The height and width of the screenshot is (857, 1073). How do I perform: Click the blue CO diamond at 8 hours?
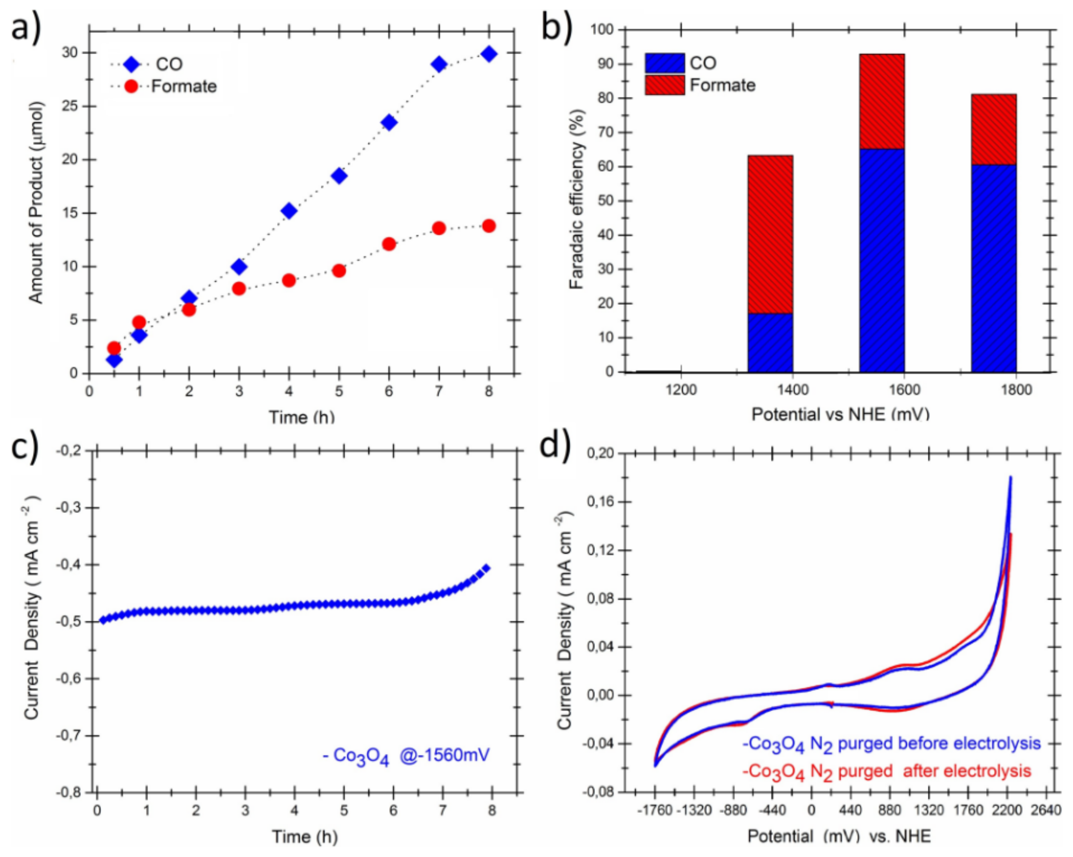point(489,54)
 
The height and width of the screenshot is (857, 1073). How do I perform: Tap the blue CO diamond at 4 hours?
point(289,211)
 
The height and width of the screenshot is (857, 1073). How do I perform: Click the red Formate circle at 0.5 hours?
point(114,347)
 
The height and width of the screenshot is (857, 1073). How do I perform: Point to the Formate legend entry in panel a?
point(183,87)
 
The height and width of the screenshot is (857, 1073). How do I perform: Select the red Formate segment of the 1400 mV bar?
point(770,234)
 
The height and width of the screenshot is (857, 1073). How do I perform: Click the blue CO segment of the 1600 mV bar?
point(882,260)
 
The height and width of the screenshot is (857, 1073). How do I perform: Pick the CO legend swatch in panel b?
point(665,63)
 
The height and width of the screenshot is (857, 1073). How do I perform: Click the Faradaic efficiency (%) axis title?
point(576,199)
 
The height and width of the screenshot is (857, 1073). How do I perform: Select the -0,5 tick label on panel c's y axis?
point(71,622)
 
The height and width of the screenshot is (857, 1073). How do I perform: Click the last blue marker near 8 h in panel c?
point(486,568)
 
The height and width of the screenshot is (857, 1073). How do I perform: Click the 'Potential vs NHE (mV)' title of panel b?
point(840,414)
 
